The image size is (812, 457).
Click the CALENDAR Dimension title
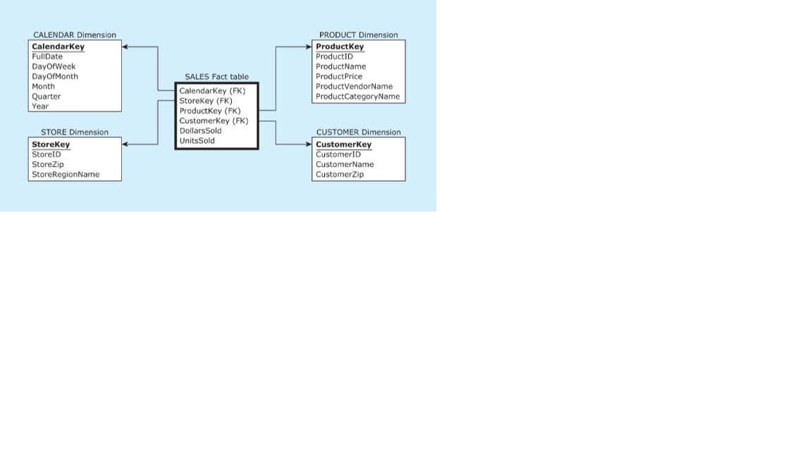pos(75,35)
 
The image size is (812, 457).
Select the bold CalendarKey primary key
pos(58,47)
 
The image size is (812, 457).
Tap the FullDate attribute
pos(47,56)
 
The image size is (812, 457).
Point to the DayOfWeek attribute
pos(54,66)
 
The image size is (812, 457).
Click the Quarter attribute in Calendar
pos(47,97)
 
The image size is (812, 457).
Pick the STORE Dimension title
pos(75,132)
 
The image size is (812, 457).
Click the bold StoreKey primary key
pos(51,145)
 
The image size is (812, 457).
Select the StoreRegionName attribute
pos(66,174)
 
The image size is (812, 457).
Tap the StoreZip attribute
pos(48,164)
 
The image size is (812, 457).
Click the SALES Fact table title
pos(216,77)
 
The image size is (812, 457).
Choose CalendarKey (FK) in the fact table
pos(212,91)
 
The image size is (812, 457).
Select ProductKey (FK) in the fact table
pos(210,111)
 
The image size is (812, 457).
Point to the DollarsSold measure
pos(200,130)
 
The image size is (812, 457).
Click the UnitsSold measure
pos(197,140)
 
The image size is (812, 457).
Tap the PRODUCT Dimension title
pos(358,35)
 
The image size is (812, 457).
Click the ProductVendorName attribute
pos(354,87)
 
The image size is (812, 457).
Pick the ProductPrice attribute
pos(339,76)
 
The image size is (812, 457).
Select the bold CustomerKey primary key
pos(343,145)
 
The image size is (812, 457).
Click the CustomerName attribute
pos(345,164)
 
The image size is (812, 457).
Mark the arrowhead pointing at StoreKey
pos(125,145)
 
